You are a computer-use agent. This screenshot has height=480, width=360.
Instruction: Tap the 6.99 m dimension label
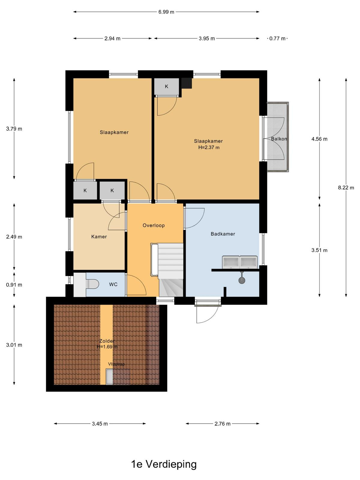166,12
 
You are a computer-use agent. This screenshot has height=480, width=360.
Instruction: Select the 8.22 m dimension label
346,187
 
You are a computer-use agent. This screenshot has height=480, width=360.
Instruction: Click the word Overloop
153,225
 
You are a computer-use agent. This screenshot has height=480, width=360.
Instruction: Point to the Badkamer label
223,234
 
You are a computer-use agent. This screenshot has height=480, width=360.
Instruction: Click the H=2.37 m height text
209,147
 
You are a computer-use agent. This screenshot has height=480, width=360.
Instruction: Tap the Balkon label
279,139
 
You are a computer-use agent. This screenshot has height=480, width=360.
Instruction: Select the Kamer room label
99,237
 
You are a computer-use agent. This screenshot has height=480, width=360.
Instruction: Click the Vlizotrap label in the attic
116,364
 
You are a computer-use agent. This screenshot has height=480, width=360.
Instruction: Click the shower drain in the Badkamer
241,280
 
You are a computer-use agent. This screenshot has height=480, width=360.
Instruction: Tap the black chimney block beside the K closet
186,83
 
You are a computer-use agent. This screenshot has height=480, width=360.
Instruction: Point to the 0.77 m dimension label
277,39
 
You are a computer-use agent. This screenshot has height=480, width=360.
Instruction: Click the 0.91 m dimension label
14,285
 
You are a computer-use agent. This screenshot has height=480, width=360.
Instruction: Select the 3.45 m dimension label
100,424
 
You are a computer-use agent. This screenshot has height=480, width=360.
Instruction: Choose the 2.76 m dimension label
222,424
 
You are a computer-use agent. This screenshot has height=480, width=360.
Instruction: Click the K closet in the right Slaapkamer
166,87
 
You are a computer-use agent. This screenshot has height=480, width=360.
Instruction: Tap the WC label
113,284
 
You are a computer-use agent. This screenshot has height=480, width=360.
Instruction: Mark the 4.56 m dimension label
319,139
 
